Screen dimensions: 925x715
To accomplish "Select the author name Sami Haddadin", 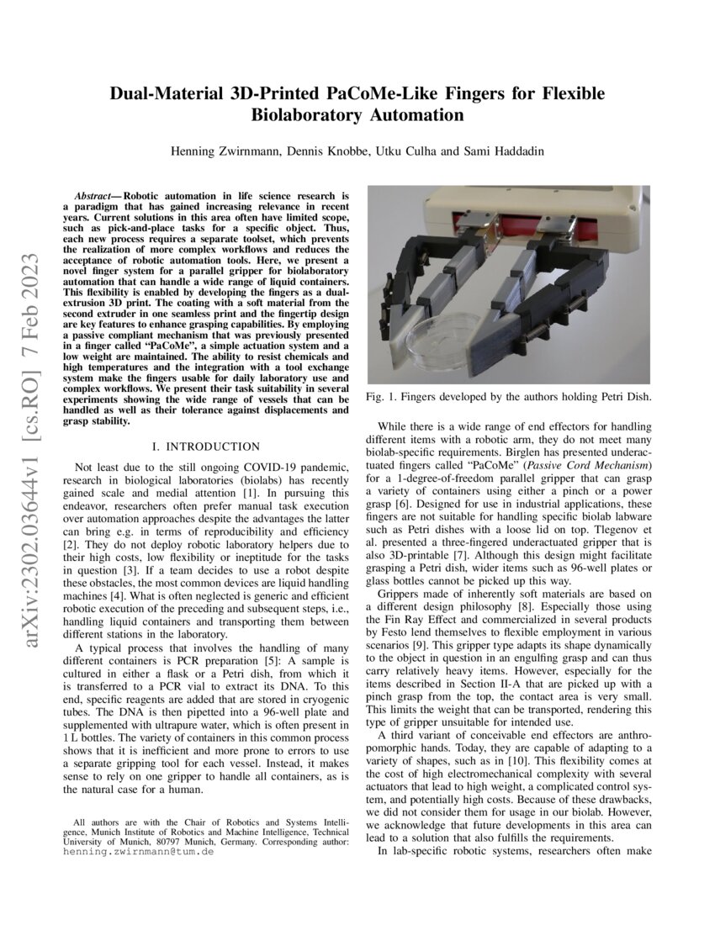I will (501, 151).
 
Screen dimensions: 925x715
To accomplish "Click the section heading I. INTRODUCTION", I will (203, 447).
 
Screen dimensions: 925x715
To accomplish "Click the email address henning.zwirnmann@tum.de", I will (138, 852).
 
